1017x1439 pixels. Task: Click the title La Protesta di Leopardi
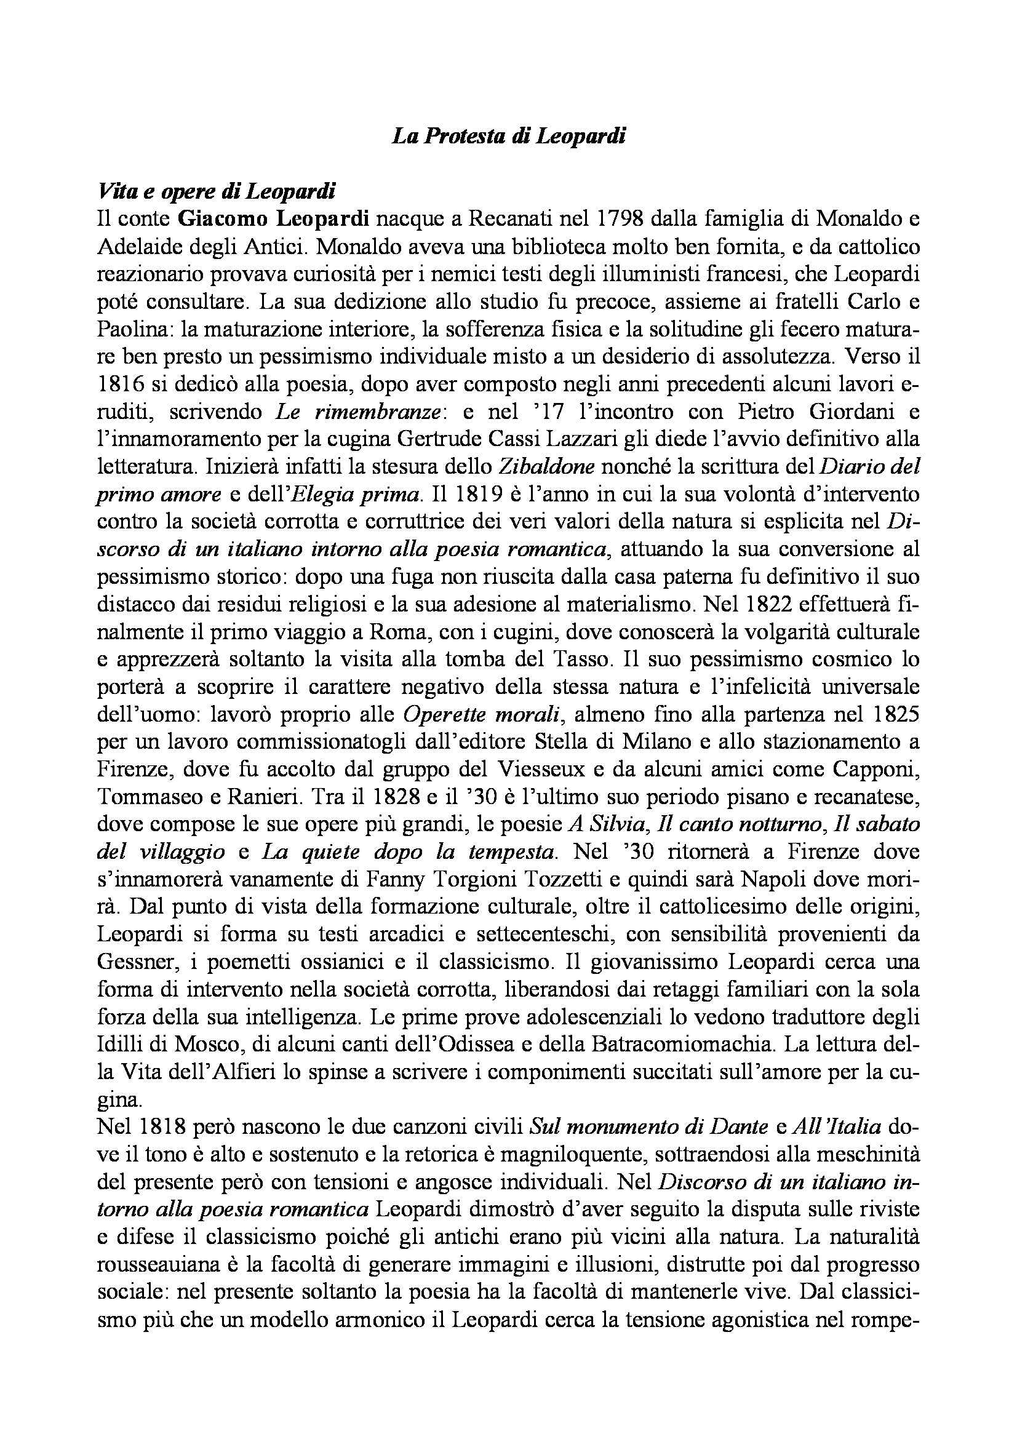click(508, 137)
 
